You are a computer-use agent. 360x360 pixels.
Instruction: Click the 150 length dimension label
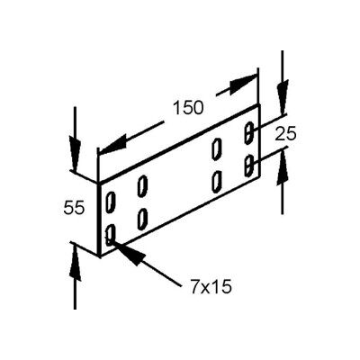coord(188,108)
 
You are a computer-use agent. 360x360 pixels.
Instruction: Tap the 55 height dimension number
coord(74,208)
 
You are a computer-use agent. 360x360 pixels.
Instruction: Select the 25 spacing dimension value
coord(285,133)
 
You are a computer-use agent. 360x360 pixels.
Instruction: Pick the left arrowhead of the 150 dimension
coord(113,145)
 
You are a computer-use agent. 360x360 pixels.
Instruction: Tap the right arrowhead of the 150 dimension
coord(243,84)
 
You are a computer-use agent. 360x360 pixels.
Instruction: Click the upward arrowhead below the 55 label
coord(76,261)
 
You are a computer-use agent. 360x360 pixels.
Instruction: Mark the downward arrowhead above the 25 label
coord(283,95)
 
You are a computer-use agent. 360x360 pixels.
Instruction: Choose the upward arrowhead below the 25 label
coord(283,168)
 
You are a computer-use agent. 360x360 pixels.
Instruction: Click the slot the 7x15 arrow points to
coord(111,235)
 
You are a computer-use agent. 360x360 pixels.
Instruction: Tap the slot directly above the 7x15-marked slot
coord(111,202)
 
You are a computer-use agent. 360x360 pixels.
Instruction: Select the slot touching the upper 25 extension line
coord(249,132)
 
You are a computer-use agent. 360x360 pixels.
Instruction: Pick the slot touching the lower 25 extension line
coord(249,166)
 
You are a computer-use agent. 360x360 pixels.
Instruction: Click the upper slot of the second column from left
coord(142,186)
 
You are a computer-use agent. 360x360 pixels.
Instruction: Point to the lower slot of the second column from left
coord(142,219)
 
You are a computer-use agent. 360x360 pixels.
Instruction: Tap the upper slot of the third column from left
coord(217,148)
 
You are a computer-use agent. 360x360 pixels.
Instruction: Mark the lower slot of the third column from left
coord(217,182)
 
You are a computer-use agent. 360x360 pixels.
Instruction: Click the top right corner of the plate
coord(258,104)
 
